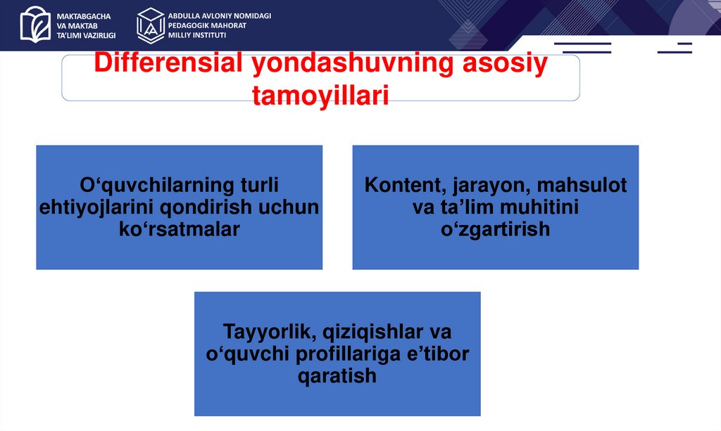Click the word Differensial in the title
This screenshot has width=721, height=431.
point(168,63)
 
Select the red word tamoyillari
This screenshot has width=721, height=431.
point(320,96)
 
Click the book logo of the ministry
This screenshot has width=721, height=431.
point(35,25)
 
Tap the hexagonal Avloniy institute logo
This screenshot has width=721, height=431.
point(151,26)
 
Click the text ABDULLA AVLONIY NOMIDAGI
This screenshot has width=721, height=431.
point(220,16)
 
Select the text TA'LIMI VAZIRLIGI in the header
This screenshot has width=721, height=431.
point(86,35)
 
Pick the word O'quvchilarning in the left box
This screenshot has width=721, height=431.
point(157,186)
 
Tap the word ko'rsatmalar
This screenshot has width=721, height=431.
point(180,229)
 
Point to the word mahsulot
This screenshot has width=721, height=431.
point(582,185)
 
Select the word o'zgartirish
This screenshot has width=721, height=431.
point(495,229)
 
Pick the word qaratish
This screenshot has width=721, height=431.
point(337,376)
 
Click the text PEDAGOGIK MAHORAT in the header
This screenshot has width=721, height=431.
point(208,26)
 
